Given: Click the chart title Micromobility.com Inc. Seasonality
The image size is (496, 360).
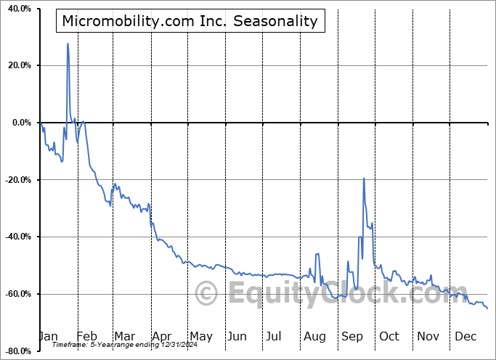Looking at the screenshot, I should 190,20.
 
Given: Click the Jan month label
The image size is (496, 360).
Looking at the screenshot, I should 48,336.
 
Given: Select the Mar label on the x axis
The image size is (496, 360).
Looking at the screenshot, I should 124,336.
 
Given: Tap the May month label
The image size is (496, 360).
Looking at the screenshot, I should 200,336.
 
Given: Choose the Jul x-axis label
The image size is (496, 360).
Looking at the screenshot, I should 274,336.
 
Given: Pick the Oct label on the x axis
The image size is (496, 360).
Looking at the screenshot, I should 389,336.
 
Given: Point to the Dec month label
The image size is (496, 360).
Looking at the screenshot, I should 465,336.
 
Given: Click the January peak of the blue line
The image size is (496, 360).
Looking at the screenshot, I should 68,44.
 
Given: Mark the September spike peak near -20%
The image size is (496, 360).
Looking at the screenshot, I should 363,179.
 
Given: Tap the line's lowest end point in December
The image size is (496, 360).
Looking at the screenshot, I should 487,308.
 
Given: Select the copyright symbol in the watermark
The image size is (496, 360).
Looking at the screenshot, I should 206,294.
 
